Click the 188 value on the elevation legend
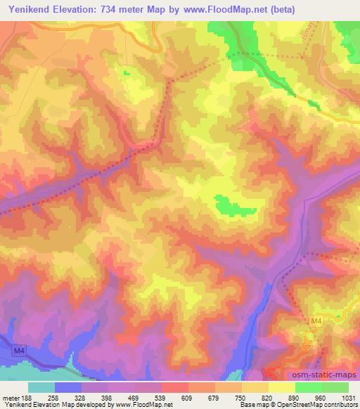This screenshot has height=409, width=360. click(x=29, y=397)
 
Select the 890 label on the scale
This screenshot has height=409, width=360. click(x=295, y=397)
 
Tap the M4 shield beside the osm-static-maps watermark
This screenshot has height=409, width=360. click(x=317, y=320)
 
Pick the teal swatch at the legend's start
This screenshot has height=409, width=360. click(x=41, y=387)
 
